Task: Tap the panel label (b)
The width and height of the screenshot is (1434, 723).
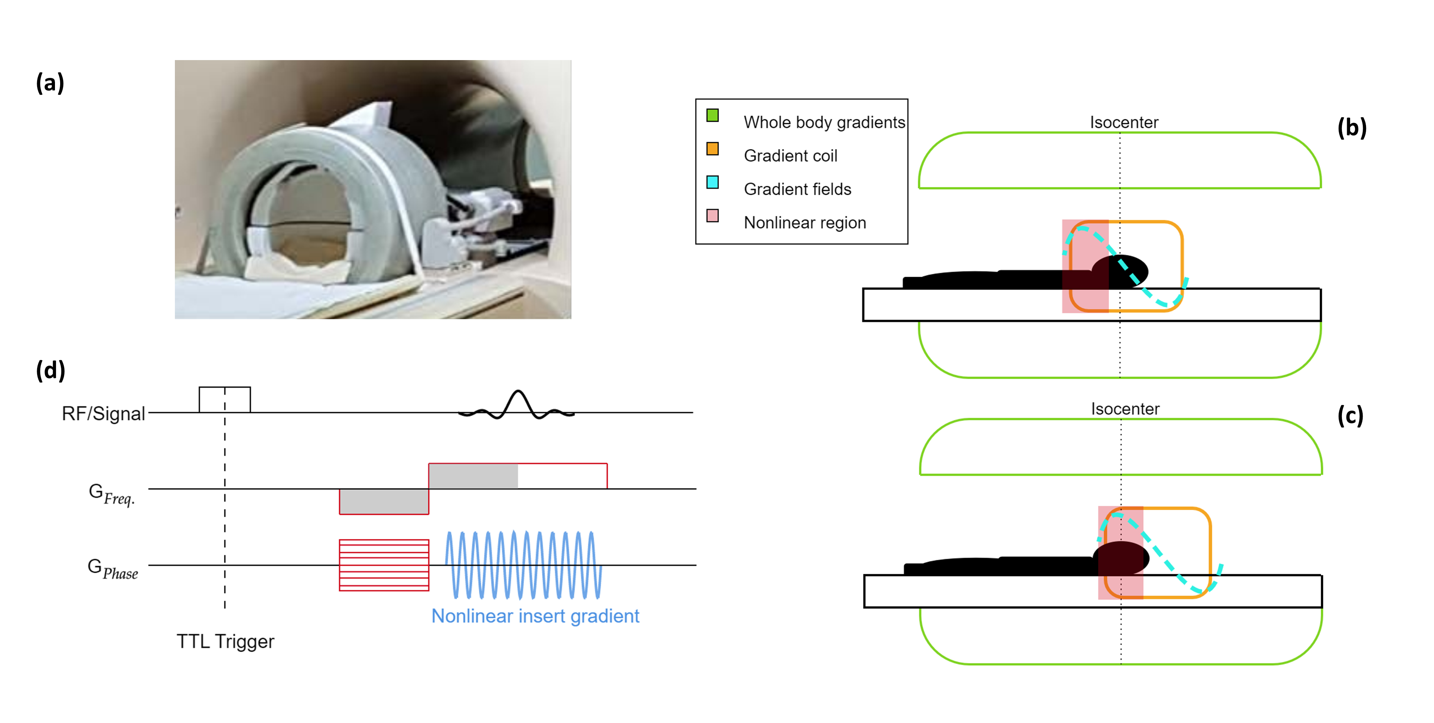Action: point(1352,128)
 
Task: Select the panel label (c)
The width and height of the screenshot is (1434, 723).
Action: point(1350,415)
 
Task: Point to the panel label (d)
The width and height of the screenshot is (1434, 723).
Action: point(50,370)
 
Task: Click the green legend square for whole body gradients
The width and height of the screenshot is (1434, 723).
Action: point(713,116)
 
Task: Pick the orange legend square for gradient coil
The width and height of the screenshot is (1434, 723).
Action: point(713,149)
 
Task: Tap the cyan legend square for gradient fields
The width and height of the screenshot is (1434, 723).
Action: point(713,183)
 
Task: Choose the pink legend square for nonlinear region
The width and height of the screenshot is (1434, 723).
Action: point(713,216)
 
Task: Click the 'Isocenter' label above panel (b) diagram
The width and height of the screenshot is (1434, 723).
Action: point(1124,122)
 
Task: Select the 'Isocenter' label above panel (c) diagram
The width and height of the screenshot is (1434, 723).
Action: point(1125,409)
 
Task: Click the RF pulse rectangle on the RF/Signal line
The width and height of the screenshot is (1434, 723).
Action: point(225,399)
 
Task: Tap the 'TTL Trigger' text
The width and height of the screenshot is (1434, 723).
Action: point(225,641)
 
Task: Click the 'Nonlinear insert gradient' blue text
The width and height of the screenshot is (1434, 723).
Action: point(535,616)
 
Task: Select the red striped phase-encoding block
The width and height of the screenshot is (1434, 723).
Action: point(384,565)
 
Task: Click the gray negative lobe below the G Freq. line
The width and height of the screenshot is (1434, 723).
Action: point(384,502)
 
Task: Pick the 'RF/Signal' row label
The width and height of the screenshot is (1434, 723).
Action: point(104,414)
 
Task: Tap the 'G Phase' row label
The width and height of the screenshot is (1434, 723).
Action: point(113,568)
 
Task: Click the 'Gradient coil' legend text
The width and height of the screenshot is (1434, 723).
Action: point(791,156)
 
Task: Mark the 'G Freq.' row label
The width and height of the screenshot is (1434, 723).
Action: point(112,494)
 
